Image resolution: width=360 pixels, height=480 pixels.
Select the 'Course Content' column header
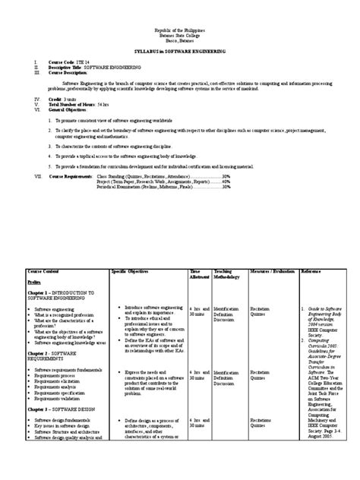point(45,270)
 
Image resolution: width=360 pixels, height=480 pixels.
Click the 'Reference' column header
point(311,270)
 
